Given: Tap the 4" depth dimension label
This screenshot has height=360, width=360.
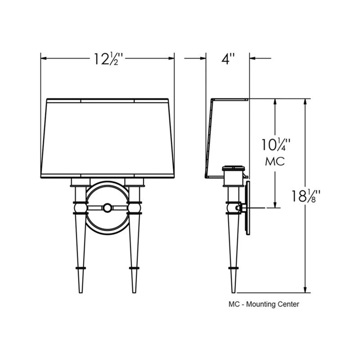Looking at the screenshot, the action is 228,59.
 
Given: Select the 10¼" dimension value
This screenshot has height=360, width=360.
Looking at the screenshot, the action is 276,144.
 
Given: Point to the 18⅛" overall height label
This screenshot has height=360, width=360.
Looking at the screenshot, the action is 306,196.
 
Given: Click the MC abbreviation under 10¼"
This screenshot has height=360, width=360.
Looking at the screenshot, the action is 275,162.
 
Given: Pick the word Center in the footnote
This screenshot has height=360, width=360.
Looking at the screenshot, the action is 288,304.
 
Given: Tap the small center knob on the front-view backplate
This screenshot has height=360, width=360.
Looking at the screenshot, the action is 107,208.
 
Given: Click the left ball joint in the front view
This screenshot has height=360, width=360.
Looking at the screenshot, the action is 81,208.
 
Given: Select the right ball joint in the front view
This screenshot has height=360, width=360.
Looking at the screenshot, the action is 134,208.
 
